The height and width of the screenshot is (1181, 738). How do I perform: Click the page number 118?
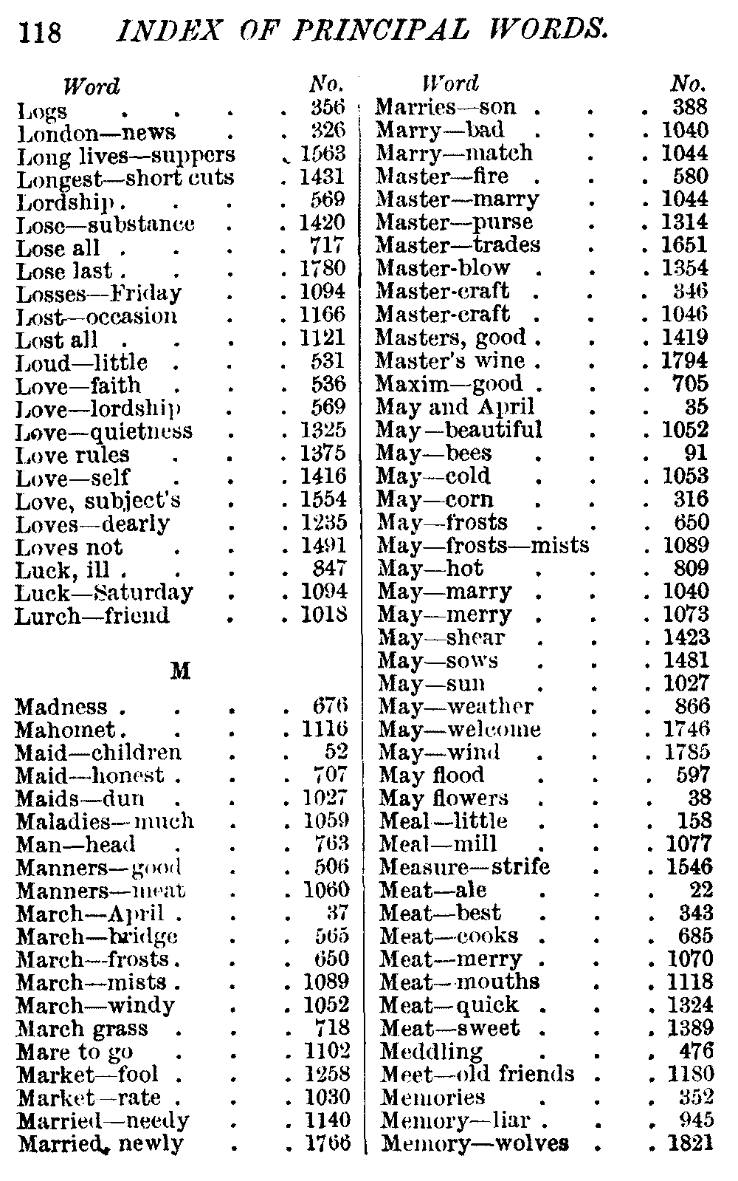tap(41, 32)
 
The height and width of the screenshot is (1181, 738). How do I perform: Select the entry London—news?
tap(96, 133)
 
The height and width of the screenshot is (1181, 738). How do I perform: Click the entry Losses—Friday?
tap(99, 293)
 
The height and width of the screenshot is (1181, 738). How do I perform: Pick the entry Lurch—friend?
tap(92, 615)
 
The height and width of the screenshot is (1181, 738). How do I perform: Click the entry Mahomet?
tap(65, 730)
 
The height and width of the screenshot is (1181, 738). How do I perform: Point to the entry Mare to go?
tap(75, 1051)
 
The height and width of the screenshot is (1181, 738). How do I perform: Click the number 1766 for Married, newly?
tap(327, 1143)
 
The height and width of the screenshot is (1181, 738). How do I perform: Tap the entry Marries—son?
tap(446, 107)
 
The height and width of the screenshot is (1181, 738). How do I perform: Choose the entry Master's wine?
tap(450, 360)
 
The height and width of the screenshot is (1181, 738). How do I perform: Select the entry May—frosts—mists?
tap(483, 545)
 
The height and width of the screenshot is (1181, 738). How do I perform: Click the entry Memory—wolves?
tap(475, 1143)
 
